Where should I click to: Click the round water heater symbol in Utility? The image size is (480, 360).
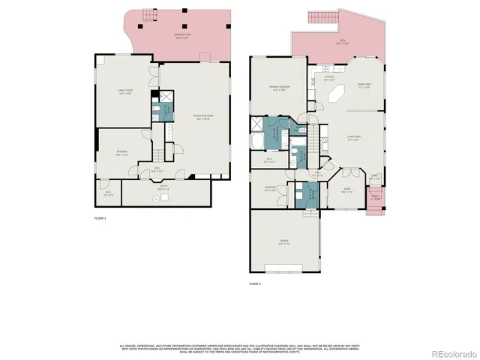click(156, 198)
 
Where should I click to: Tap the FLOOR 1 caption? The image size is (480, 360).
click(100, 218)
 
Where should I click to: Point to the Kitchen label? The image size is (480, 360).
click(328, 78)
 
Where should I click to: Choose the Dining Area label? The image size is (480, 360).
click(365, 85)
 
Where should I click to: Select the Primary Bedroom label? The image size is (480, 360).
click(280, 89)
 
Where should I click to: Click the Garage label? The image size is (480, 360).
click(284, 241)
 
